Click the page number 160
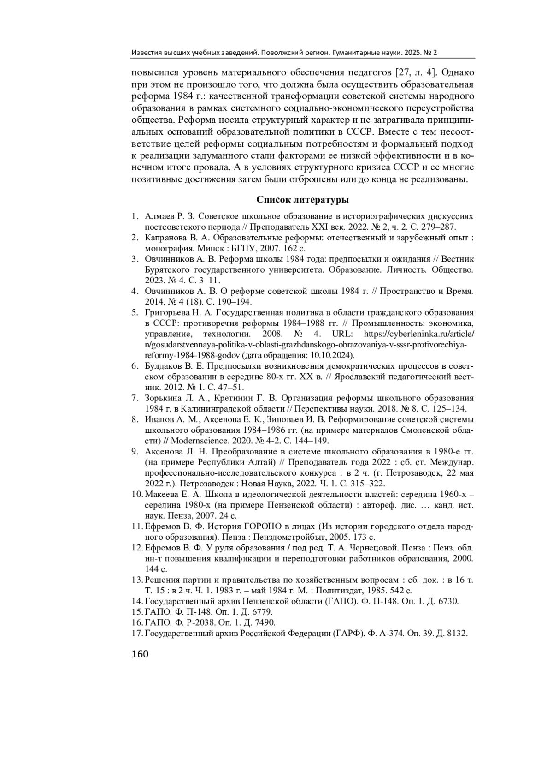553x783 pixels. [x=140, y=654]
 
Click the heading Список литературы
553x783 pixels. [x=302, y=200]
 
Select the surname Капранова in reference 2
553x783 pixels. [x=164, y=238]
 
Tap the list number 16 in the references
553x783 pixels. [x=136, y=622]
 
